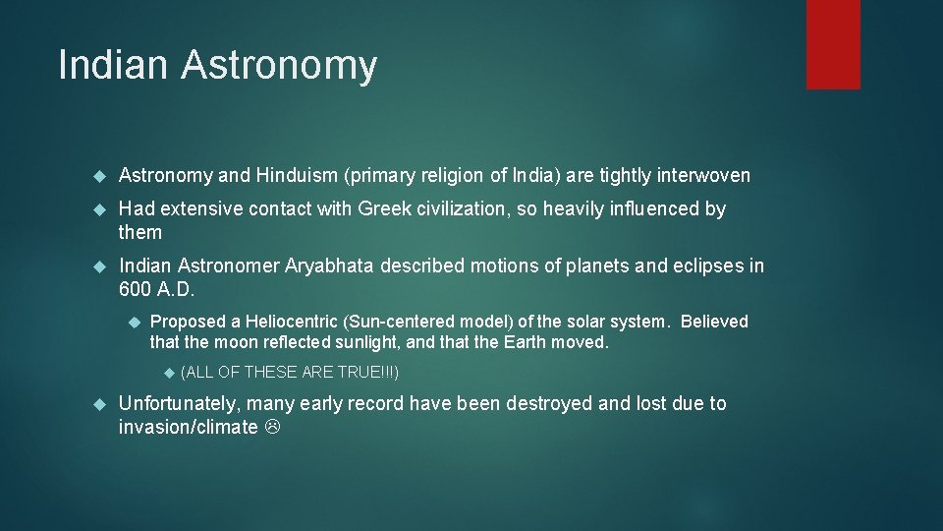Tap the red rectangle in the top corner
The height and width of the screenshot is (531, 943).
(x=833, y=44)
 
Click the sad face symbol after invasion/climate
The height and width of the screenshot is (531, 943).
(x=272, y=428)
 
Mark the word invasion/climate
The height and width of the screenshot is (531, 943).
(x=187, y=427)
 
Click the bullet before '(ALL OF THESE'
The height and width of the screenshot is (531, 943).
(x=167, y=373)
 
